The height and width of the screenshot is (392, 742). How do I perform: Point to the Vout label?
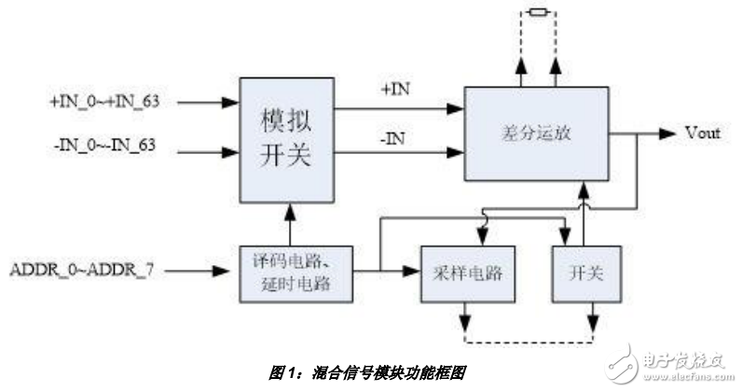click(x=703, y=133)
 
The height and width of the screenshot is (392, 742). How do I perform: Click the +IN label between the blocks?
click(x=394, y=91)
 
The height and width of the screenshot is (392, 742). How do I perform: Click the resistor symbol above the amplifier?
click(x=537, y=12)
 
